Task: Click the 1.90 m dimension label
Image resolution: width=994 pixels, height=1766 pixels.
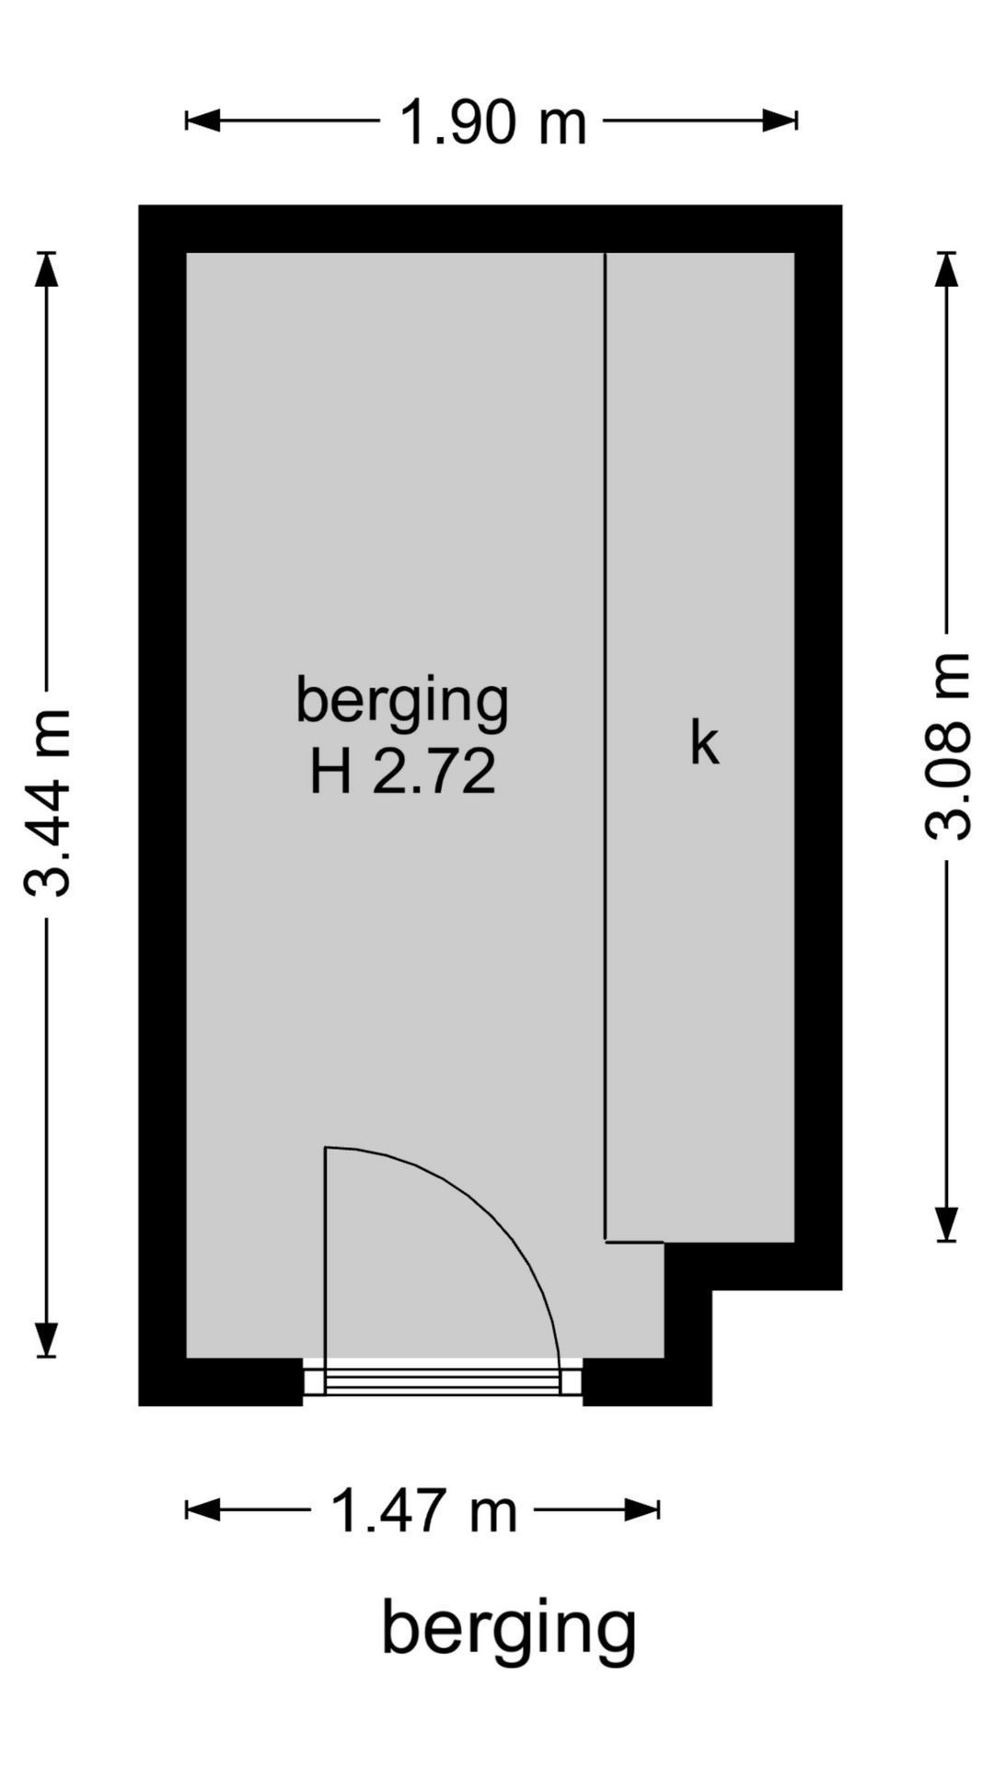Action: coord(492,121)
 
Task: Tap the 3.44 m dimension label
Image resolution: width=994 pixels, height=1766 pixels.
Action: coord(48,803)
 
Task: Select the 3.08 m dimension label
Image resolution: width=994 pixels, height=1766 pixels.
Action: coord(947,746)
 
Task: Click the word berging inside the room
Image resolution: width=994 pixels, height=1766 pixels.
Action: coord(402,702)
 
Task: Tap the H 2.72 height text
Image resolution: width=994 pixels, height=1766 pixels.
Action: coord(402,771)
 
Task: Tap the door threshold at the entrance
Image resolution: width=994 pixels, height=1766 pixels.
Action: coord(443,1380)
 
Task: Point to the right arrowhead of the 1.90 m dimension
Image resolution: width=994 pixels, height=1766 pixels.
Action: coord(780,120)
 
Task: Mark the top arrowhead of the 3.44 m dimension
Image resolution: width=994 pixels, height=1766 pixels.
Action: coord(46,269)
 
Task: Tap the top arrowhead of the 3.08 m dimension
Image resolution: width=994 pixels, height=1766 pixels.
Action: coord(946,269)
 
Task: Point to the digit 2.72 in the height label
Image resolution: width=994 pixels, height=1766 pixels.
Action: coord(434,771)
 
